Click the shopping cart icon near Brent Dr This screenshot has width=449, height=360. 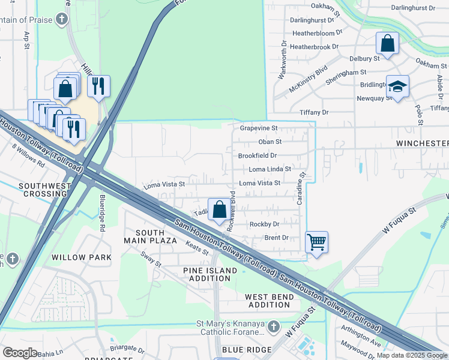tap(316, 243)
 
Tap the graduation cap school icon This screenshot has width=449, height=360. tap(397, 87)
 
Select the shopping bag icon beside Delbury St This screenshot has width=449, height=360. tap(387, 44)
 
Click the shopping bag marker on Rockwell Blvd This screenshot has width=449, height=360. tap(220, 210)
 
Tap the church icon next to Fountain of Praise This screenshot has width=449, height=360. tap(61, 20)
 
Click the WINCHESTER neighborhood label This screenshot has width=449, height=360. tap(422, 144)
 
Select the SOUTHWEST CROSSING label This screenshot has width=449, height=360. tap(42, 190)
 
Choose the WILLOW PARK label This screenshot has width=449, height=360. tap(82, 257)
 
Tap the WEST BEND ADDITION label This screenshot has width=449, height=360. tap(270, 301)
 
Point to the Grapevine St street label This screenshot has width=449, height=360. tap(259, 128)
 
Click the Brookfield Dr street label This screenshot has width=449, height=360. tap(257, 155)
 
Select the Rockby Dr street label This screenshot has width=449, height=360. tap(264, 224)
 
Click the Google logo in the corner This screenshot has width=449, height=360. tap(20, 352)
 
